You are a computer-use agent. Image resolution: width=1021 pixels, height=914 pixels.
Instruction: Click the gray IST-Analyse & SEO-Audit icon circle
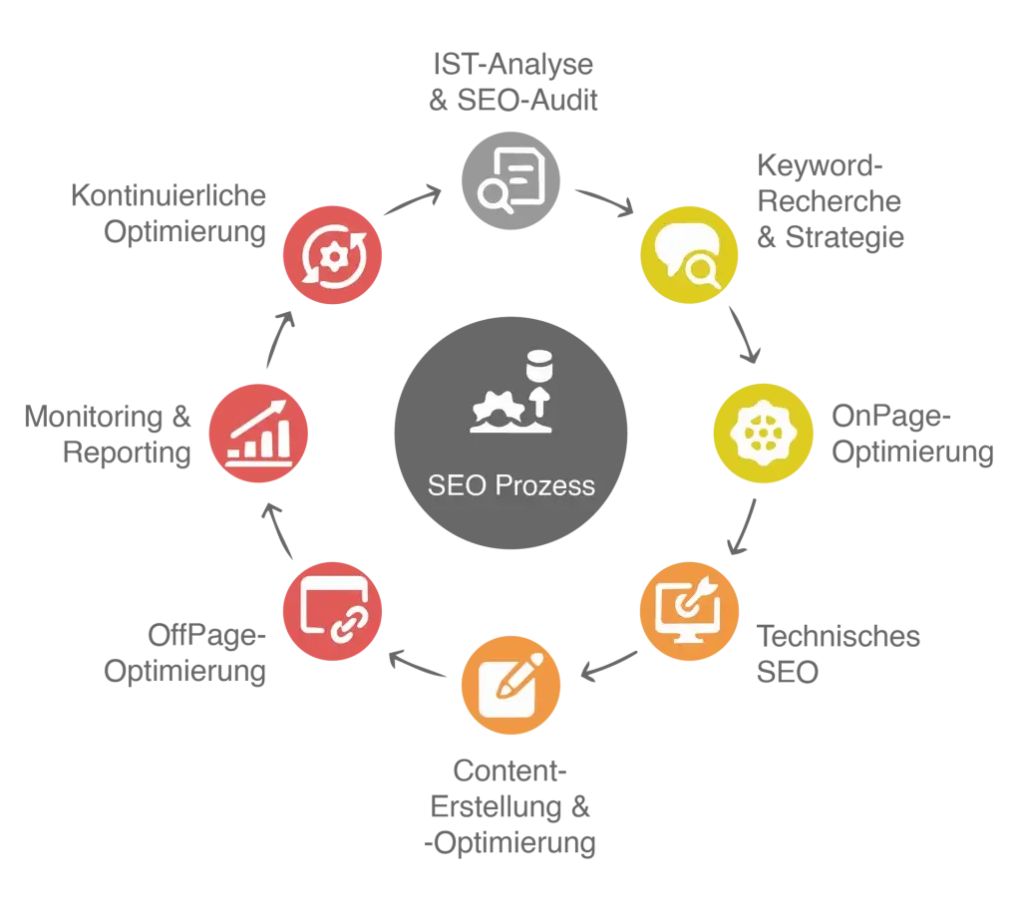point(510,180)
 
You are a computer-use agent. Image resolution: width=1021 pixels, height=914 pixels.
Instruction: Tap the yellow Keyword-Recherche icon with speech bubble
point(689,254)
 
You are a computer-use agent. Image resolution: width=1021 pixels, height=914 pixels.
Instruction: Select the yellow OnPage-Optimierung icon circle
point(763,433)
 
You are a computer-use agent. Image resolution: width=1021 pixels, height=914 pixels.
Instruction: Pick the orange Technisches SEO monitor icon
point(689,611)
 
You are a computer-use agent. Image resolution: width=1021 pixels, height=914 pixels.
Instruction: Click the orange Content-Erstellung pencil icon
point(510,686)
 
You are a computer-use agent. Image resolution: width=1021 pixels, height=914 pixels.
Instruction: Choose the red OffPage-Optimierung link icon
point(332,611)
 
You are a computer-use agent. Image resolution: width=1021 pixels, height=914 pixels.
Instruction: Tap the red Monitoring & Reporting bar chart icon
point(258,433)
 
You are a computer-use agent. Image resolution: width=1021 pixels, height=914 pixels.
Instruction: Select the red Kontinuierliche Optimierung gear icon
point(332,254)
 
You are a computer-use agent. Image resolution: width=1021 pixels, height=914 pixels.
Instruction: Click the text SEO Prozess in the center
point(511,485)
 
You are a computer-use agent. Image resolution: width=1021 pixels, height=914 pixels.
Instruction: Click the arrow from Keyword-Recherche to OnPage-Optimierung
point(744,335)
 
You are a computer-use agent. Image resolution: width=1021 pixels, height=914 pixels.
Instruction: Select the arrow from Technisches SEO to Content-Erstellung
point(608,667)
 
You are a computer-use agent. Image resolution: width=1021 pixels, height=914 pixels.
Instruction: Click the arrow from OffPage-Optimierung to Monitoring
point(278,530)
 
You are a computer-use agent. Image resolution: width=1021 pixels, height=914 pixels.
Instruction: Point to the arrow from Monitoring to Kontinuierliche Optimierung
point(279,339)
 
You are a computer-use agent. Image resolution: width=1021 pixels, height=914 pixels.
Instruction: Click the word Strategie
point(845,237)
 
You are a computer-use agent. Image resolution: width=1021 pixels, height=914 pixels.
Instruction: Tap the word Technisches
point(838,636)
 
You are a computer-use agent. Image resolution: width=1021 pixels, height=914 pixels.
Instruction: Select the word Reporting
point(127,453)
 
